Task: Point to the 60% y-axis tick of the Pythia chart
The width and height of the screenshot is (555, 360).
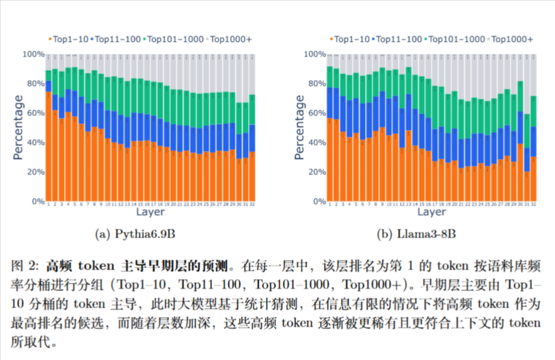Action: click(x=34, y=113)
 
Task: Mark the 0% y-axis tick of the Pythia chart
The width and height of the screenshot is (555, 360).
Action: click(x=37, y=202)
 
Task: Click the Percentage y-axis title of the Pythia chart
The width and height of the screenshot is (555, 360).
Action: click(x=18, y=128)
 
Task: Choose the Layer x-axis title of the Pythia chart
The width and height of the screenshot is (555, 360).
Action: click(x=151, y=212)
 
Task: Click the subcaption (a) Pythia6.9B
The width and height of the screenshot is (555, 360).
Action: click(x=139, y=235)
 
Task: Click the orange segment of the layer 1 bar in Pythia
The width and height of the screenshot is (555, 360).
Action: click(x=48, y=147)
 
